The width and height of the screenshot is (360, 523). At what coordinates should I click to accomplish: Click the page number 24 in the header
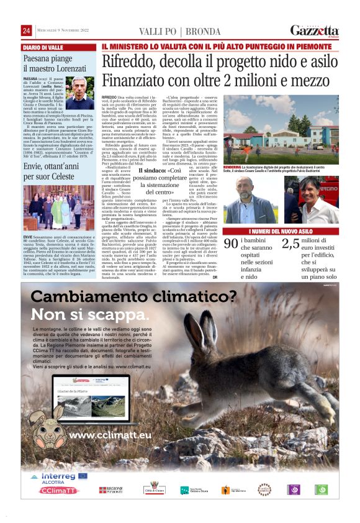pyautogui.click(x=26, y=31)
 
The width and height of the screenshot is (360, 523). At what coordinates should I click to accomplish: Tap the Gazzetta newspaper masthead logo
pyautogui.click(x=314, y=31)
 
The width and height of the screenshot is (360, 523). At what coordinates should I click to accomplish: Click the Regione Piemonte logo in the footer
pyautogui.click(x=112, y=490)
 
